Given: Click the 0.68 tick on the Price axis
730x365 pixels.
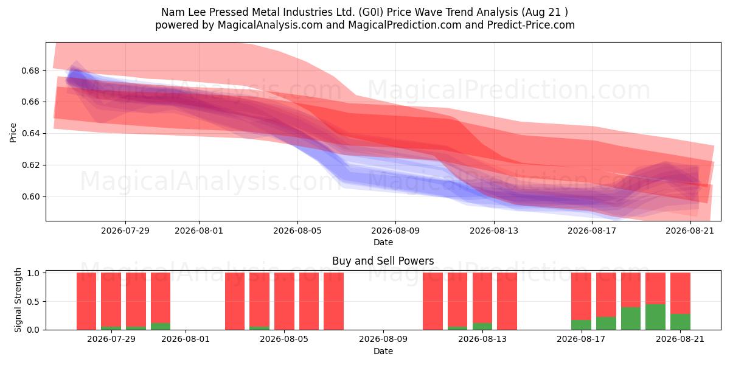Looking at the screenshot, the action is click(30, 71).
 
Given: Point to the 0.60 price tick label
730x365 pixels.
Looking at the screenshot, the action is click(30, 197).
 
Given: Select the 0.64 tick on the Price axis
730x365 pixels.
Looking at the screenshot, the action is click(30, 134).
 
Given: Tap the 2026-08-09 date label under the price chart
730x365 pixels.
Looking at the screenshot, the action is click(395, 231).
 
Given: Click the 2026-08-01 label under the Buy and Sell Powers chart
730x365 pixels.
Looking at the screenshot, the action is click(186, 339).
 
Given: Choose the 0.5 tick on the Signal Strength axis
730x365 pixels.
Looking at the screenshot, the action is click(33, 302).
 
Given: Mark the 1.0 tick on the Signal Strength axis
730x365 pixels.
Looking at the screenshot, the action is click(33, 273).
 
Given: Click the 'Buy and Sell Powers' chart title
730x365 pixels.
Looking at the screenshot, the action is click(383, 261).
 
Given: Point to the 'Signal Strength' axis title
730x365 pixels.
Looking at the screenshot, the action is click(18, 300).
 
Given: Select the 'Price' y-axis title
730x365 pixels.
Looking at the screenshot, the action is click(13, 133).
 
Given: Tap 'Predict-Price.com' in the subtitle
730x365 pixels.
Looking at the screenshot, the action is click(531, 25).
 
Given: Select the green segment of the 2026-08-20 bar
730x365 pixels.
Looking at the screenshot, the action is click(655, 317).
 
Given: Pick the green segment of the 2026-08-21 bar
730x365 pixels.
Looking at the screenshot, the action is click(680, 322).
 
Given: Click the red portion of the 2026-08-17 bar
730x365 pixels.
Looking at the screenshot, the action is click(581, 296).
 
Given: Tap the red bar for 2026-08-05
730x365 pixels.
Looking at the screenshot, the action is click(284, 301).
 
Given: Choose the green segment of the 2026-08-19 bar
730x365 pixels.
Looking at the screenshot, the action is click(631, 318).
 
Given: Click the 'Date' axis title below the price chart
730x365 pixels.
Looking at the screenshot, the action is click(383, 243).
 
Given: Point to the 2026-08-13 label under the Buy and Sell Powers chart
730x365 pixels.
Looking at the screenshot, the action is click(482, 339).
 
